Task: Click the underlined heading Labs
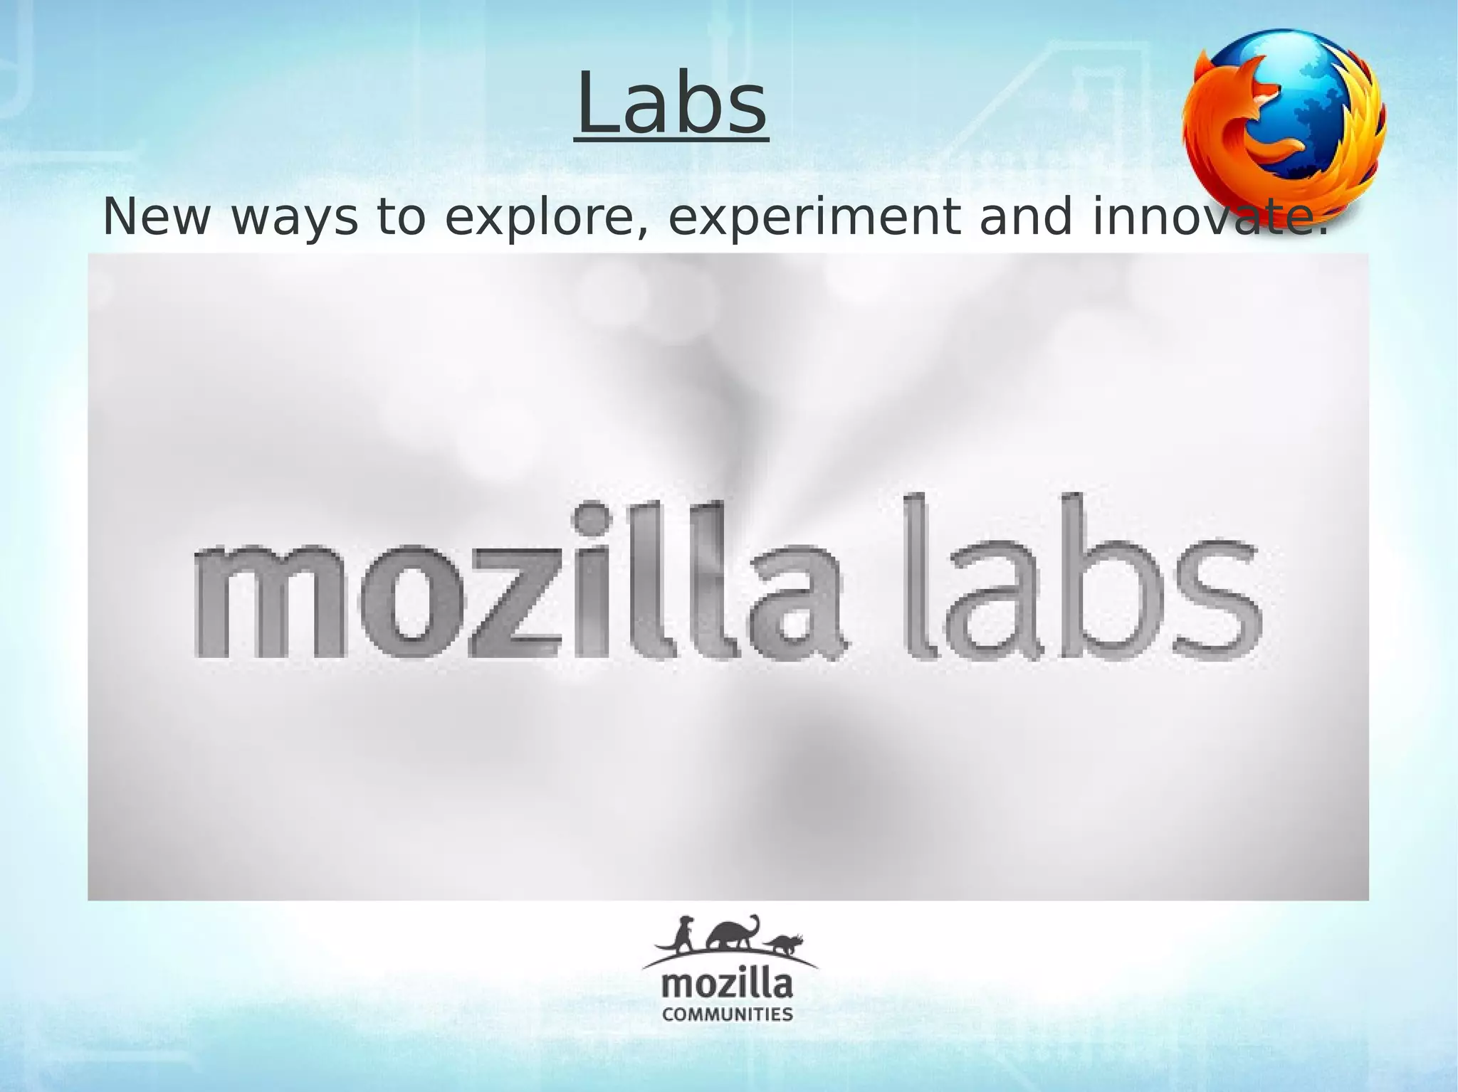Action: (671, 106)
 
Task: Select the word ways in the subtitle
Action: (295, 218)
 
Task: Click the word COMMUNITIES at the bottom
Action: (727, 1014)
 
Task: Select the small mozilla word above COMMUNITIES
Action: (727, 985)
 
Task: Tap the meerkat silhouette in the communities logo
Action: (684, 934)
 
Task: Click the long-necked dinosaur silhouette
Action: (733, 934)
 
